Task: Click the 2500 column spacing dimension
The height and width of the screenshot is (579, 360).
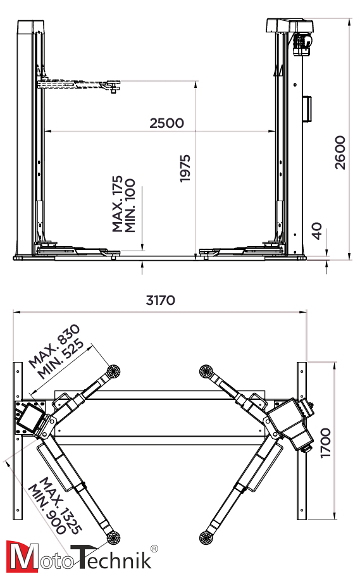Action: (x=166, y=123)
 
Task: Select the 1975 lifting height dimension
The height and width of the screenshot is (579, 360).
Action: (x=185, y=168)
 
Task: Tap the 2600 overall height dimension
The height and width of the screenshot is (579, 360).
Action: (x=340, y=153)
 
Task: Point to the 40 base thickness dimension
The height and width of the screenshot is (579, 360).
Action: (x=317, y=231)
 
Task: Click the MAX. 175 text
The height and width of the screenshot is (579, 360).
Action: (x=118, y=204)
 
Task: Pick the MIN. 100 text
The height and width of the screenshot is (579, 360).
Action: (x=130, y=206)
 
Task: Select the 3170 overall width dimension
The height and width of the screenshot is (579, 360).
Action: (x=161, y=300)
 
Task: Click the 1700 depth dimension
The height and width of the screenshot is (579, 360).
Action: (x=325, y=443)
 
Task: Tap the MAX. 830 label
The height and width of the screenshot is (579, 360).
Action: (x=54, y=346)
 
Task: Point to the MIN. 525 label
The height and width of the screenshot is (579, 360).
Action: (x=61, y=359)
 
